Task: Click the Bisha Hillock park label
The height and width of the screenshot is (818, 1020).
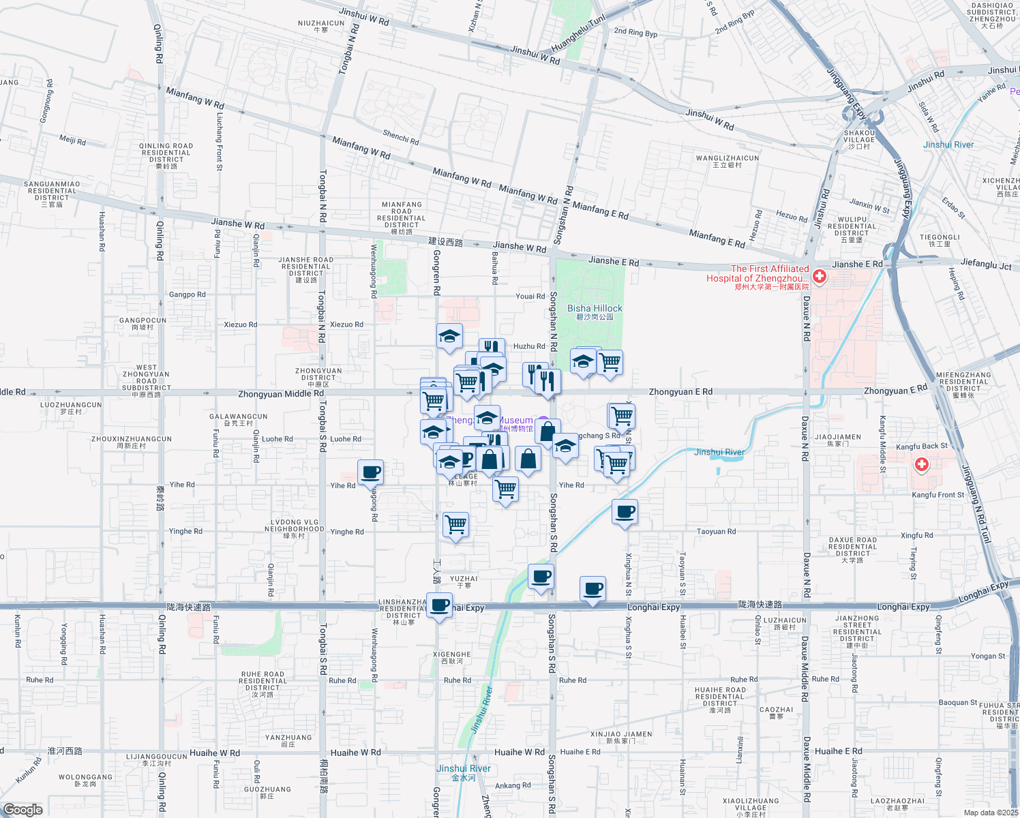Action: click(595, 309)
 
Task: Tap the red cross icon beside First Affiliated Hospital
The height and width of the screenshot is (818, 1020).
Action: click(819, 277)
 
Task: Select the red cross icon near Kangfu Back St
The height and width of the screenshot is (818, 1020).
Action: click(922, 465)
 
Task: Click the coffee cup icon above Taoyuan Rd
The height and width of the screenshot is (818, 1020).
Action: click(625, 511)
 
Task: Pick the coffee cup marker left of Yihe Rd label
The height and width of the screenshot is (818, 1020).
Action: click(370, 472)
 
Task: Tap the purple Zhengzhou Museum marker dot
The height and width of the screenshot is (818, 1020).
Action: click(543, 421)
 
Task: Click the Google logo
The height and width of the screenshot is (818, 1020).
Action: click(22, 810)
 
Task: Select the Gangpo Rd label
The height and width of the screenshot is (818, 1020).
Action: click(187, 294)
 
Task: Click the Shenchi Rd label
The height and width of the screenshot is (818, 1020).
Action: click(401, 137)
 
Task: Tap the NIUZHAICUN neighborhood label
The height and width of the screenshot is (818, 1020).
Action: click(321, 23)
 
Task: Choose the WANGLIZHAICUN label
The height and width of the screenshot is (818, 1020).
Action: click(727, 158)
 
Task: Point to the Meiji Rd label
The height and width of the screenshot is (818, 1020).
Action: click(72, 140)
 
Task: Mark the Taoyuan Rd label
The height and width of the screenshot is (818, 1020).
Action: click(716, 532)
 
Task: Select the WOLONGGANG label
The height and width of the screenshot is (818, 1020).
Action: click(85, 777)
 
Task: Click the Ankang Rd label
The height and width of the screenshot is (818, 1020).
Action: click(513, 785)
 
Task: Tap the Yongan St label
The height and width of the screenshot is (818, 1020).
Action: click(988, 656)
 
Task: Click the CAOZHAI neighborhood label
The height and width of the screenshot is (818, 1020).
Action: click(776, 710)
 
